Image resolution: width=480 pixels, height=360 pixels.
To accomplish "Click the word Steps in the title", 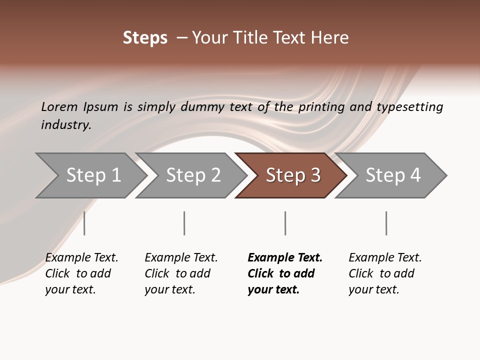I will click(x=145, y=38).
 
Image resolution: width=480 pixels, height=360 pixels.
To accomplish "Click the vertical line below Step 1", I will click(x=84, y=223).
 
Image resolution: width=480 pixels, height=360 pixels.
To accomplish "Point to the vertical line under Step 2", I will click(x=184, y=223).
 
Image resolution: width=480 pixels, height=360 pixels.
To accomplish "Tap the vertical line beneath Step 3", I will click(x=285, y=223).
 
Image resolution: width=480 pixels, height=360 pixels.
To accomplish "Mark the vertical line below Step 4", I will click(x=386, y=223).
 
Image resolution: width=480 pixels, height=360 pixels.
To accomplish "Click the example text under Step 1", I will click(x=81, y=273).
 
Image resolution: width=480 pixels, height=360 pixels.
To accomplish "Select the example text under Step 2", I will click(x=181, y=273).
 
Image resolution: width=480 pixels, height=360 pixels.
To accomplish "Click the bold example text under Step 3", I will click(x=285, y=273).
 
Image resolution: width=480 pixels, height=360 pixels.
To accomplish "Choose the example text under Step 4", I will click(x=385, y=273).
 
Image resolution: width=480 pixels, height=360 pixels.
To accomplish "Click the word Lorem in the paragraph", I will click(x=59, y=107).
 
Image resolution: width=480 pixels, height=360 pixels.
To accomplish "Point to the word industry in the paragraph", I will click(x=66, y=125).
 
